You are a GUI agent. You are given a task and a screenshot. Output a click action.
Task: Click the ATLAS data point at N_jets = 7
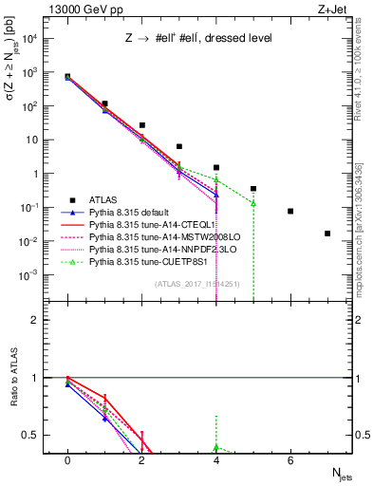click(327, 234)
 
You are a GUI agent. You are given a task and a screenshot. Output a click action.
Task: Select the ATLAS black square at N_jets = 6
click(290, 211)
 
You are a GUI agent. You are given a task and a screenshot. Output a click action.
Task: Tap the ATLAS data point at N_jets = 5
click(253, 189)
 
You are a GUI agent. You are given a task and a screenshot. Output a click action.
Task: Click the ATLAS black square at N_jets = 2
click(141, 125)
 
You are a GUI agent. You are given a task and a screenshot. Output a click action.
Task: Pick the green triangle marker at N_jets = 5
click(253, 203)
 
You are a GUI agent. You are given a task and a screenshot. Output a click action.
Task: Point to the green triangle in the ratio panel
click(216, 446)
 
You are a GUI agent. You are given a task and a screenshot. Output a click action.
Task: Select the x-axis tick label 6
click(290, 461)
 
